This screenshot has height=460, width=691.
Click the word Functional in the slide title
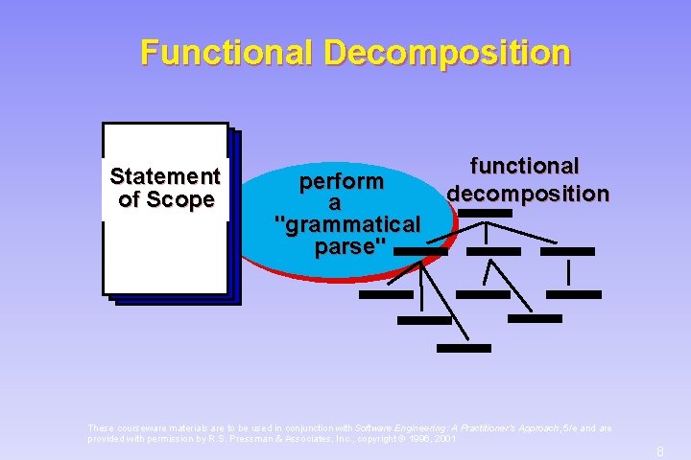(226, 52)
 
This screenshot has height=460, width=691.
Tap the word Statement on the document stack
(165, 176)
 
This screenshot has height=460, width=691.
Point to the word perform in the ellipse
(342, 181)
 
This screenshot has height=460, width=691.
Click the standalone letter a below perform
(335, 203)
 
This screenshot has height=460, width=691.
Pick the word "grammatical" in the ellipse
(347, 225)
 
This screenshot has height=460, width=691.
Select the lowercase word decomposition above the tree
(528, 193)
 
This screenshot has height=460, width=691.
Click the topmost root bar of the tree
(486, 213)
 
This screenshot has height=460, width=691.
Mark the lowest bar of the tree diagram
(464, 348)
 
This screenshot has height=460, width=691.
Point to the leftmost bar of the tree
(385, 294)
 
